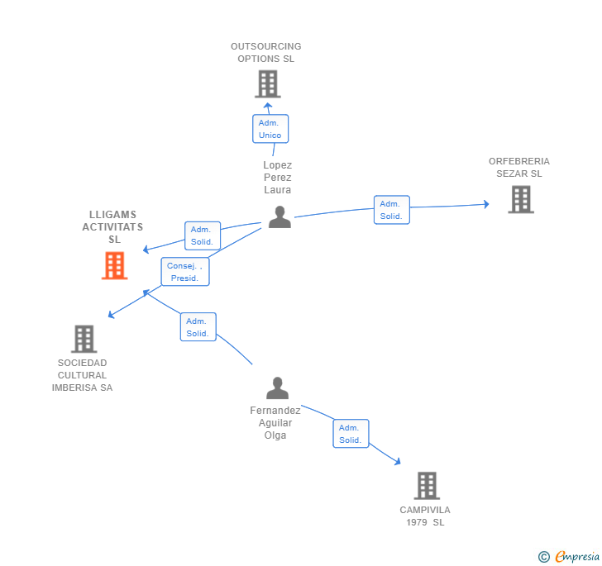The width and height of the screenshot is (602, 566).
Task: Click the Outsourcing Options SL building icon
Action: coord(267,83)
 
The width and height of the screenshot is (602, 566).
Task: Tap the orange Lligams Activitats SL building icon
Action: coord(114,265)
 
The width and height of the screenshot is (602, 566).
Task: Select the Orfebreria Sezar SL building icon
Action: coord(520,199)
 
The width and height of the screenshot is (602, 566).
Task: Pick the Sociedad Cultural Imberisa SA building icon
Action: coord(84,339)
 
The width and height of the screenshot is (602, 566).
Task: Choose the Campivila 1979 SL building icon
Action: coord(427,486)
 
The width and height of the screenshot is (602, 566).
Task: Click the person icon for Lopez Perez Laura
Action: coord(279,217)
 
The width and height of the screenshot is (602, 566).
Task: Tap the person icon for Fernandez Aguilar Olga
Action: coord(277,388)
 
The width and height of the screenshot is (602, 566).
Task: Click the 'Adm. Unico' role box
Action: coord(270,129)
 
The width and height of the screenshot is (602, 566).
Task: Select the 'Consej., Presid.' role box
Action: coord(185,272)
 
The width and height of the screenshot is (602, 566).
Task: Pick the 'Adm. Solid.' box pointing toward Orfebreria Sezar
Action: coord(391,210)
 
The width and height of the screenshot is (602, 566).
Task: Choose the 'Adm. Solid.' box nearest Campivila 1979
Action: coord(351,434)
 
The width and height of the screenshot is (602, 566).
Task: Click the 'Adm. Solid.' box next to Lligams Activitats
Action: coord(203,235)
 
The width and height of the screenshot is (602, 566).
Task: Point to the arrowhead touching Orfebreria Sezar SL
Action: coord(485,204)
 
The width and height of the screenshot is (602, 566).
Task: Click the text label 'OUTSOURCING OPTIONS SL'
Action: coord(266,53)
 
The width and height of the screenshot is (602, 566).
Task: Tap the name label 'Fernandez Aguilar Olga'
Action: coord(275,422)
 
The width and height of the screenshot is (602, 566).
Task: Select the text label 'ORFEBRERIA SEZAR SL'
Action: coord(519,168)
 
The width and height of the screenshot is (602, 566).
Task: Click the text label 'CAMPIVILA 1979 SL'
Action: coord(425,516)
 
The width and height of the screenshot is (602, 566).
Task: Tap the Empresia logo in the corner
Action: coord(570,557)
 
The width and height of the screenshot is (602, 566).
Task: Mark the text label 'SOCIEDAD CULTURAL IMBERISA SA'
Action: coord(82,375)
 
